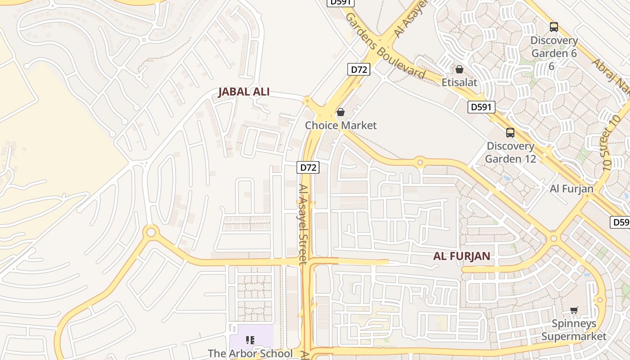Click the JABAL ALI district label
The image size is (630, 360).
click(x=244, y=92)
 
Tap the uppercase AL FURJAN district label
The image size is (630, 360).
click(x=462, y=256)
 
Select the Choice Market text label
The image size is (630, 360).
click(x=341, y=125)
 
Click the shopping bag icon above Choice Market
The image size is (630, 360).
click(x=341, y=112)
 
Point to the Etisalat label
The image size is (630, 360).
click(x=459, y=82)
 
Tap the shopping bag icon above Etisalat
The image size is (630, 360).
click(x=459, y=69)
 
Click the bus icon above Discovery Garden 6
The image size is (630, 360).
click(x=553, y=27)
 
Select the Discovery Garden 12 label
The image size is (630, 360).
click(x=510, y=153)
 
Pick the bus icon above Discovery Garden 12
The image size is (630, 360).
click(x=510, y=133)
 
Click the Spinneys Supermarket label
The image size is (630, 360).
click(x=574, y=330)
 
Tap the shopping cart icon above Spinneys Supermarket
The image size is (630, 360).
click(x=574, y=310)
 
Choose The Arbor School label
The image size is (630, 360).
click(x=250, y=354)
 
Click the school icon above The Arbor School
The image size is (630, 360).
click(x=250, y=340)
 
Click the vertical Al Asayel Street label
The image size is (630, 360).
click(x=303, y=224)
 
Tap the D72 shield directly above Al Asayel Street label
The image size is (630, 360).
click(x=308, y=167)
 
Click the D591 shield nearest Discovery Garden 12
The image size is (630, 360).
click(x=481, y=107)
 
